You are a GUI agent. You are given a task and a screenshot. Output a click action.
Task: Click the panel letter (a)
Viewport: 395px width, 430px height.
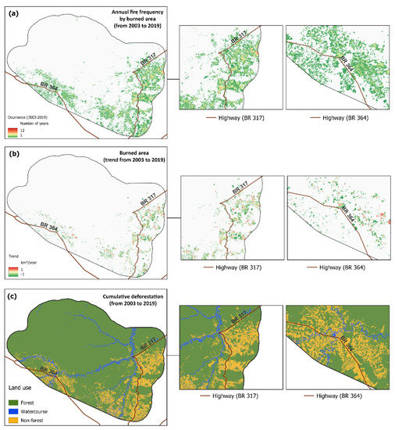[13, 8]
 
